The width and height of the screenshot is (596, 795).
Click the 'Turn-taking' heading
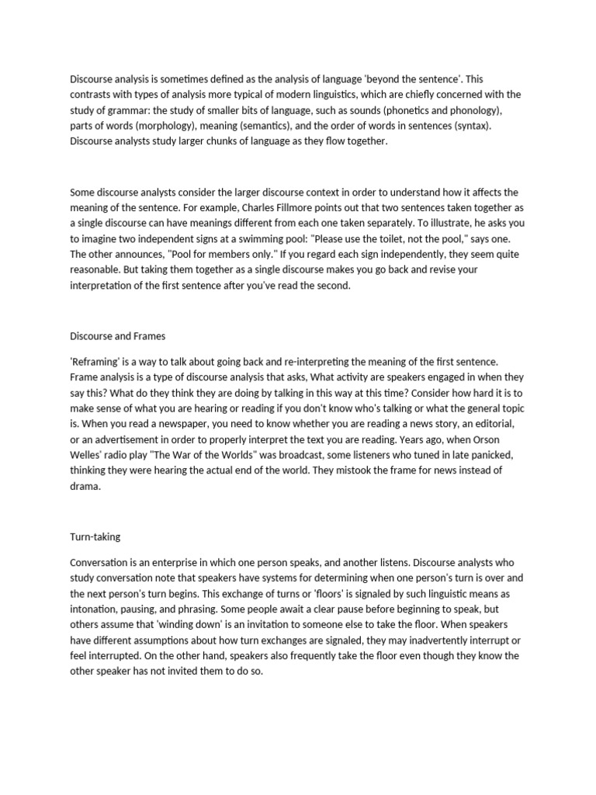(95, 536)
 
